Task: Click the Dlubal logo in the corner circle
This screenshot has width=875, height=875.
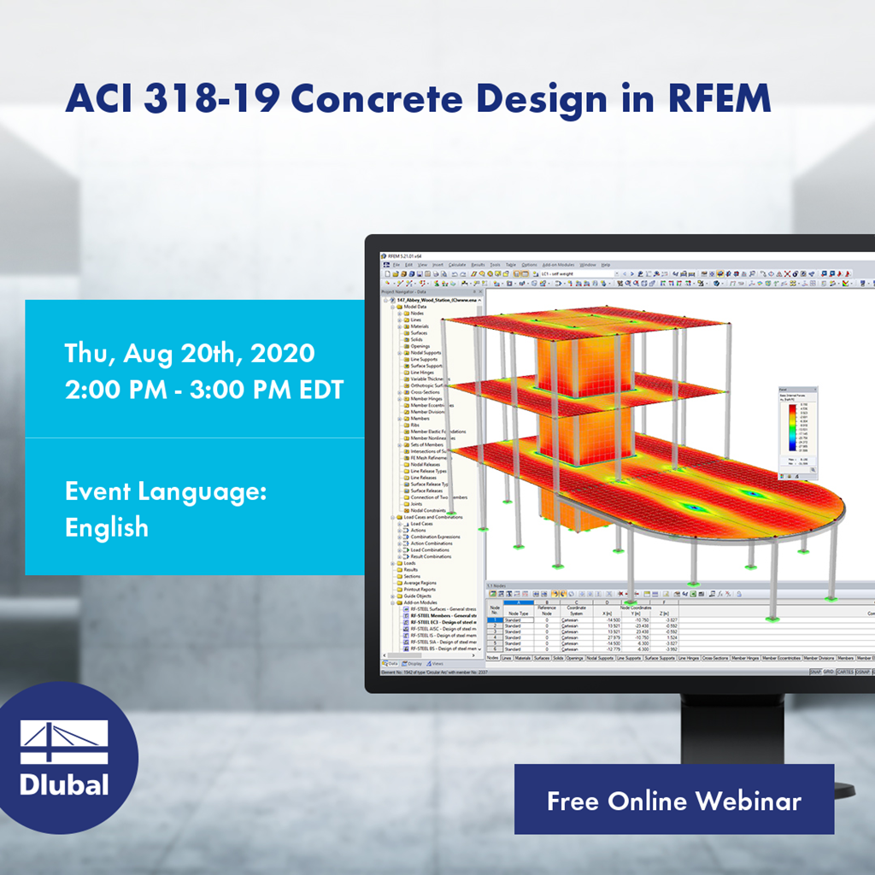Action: click(64, 757)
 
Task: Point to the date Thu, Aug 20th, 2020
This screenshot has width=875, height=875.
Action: click(190, 353)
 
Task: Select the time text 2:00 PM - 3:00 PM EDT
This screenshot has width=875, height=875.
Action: click(204, 390)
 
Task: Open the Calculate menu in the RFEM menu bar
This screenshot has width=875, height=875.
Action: click(456, 265)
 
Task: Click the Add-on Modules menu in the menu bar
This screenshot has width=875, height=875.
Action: click(559, 265)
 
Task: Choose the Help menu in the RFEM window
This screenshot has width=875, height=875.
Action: click(605, 265)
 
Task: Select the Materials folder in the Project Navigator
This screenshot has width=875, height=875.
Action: click(419, 326)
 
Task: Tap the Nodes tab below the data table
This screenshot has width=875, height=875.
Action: click(493, 658)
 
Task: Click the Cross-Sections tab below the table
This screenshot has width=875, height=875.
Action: click(716, 658)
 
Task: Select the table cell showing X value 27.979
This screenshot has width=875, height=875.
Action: click(613, 637)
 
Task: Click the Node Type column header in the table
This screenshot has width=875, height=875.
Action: click(518, 613)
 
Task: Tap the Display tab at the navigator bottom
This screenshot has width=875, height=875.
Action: click(414, 663)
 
